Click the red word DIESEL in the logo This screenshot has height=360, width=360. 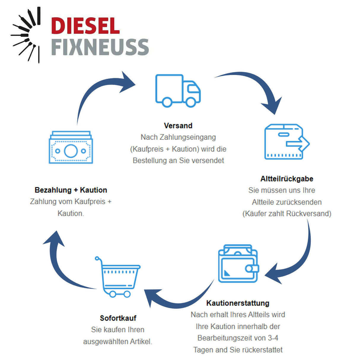point(85,26)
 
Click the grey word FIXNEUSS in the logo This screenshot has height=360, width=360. point(100,47)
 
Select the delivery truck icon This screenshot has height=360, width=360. point(178,91)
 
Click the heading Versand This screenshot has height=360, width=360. point(178,125)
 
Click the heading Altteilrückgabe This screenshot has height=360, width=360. point(286,179)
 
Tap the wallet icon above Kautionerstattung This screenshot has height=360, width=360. point(238,264)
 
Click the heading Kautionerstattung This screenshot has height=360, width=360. point(238,303)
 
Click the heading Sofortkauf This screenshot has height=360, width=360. point(118,318)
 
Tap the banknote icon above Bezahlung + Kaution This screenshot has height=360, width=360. point(71,147)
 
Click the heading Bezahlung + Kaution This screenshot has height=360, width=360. point(71,190)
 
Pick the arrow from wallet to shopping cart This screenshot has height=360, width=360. point(178,301)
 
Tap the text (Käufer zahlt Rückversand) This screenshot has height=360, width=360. point(286,214)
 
